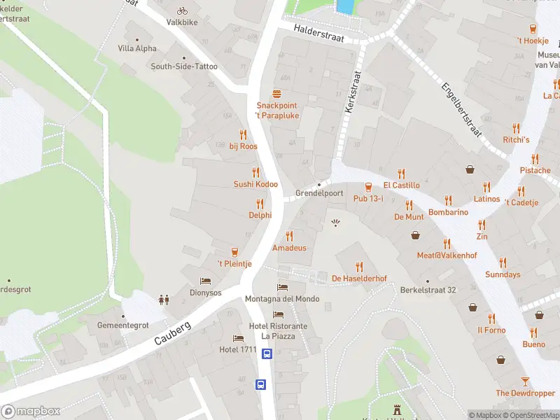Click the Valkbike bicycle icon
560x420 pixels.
click(x=182, y=10)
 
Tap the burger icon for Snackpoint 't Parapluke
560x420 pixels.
click(x=277, y=94)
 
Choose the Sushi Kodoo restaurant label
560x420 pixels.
click(x=255, y=184)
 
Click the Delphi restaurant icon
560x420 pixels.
click(x=260, y=204)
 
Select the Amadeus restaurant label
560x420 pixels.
click(x=289, y=248)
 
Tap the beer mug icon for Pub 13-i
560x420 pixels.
click(x=368, y=187)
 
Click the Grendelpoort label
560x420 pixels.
click(x=319, y=193)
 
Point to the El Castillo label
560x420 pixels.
click(x=401, y=185)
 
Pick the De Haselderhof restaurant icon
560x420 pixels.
click(x=359, y=267)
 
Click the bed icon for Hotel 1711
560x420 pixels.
click(x=238, y=338)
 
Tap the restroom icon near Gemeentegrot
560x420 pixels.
click(x=164, y=300)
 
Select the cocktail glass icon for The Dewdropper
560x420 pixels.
click(x=525, y=381)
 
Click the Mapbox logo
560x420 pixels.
click(x=31, y=411)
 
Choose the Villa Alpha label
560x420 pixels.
click(x=137, y=48)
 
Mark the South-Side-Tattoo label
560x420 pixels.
click(x=184, y=66)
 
